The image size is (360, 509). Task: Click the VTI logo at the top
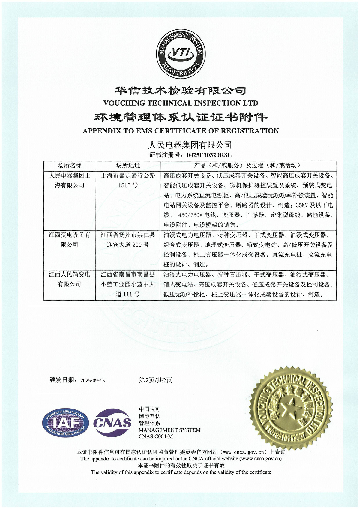click(x=180, y=54)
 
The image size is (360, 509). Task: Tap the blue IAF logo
click(x=66, y=423)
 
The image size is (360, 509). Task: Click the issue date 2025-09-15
click(x=93, y=381)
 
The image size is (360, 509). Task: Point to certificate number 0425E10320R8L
click(x=209, y=155)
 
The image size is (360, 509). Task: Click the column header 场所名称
click(x=70, y=165)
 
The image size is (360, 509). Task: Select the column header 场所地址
click(x=128, y=165)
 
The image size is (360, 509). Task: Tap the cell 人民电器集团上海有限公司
click(x=70, y=180)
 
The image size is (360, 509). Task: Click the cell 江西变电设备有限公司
click(x=70, y=240)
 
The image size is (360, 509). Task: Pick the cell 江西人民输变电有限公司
click(x=70, y=279)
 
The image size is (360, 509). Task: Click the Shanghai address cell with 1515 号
click(x=128, y=180)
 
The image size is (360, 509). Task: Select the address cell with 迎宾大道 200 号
click(x=128, y=240)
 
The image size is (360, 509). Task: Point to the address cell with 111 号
click(x=128, y=284)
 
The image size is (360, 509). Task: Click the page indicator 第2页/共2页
click(x=155, y=380)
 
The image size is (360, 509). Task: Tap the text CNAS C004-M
click(x=156, y=436)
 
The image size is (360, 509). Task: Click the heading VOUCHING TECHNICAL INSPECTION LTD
click(x=181, y=103)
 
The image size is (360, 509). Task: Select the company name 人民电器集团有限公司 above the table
click(x=190, y=145)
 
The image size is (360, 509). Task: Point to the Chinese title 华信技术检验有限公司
click(x=181, y=90)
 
